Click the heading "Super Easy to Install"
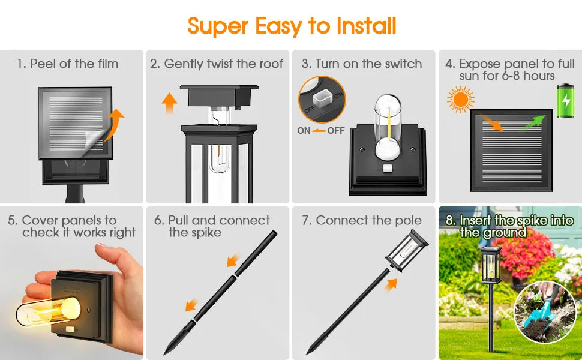[292, 26]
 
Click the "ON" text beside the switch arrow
[304, 130]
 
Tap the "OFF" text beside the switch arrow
[336, 130]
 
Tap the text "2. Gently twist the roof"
[217, 64]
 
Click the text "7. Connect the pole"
[362, 220]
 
